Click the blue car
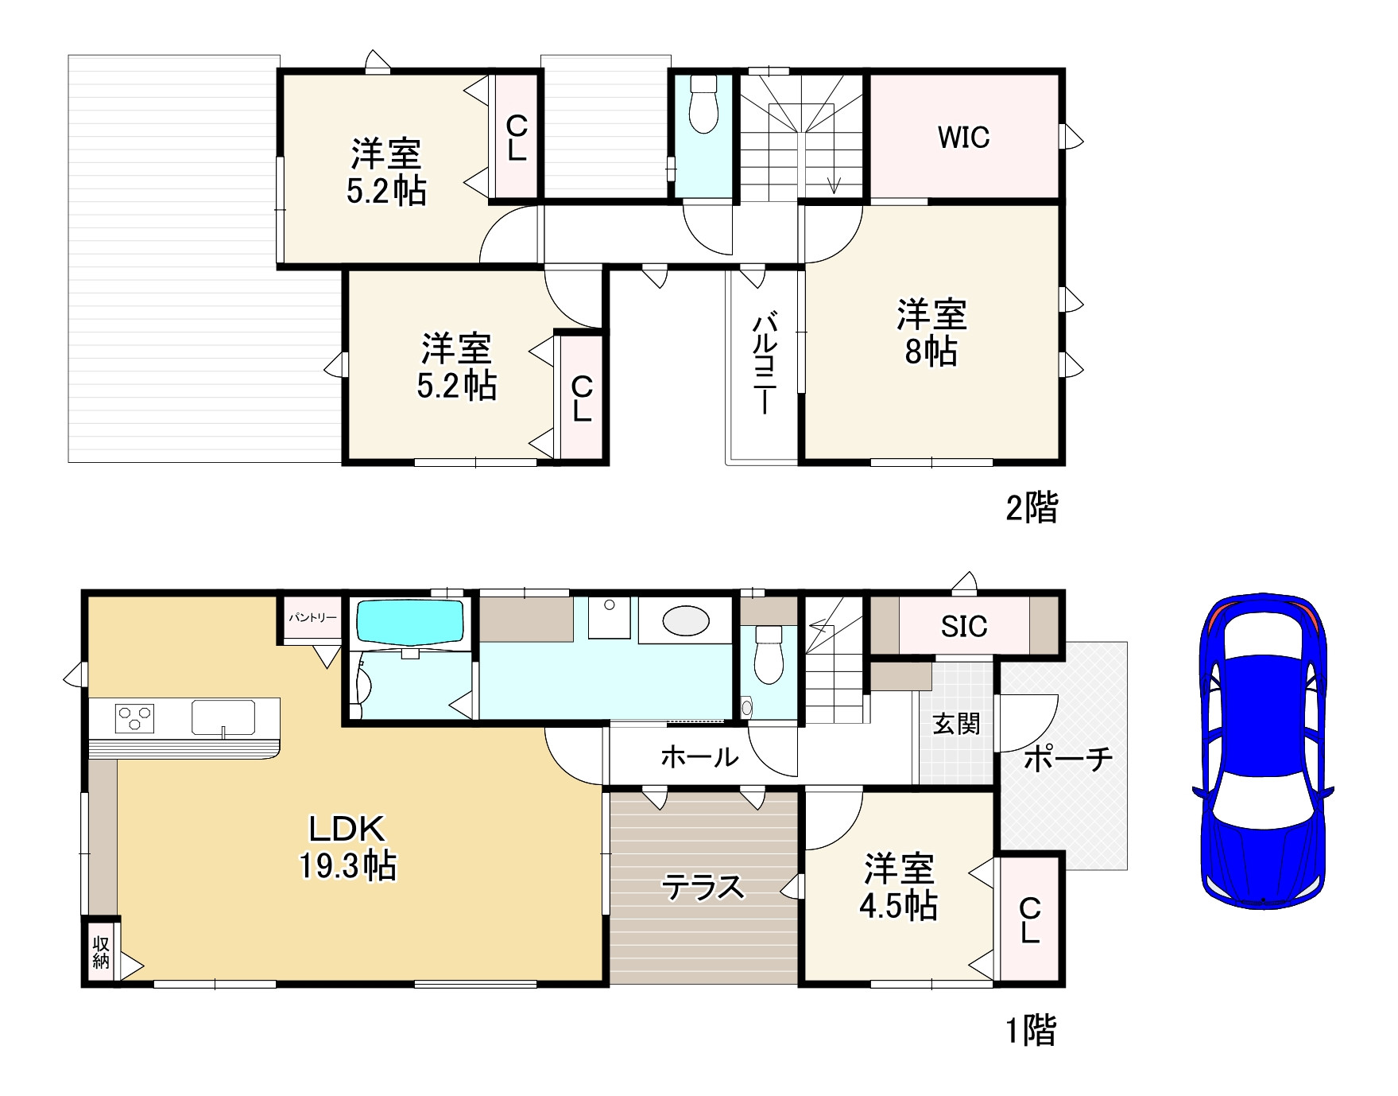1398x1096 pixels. pos(1263,749)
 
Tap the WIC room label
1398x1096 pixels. pos(963,138)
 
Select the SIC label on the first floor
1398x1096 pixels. pos(964,627)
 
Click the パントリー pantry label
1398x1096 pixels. pos(312,617)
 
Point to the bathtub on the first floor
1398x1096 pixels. pos(409,621)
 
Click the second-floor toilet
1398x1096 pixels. pos(703,103)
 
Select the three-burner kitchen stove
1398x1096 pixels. pos(134,718)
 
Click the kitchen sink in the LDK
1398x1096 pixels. pos(223,717)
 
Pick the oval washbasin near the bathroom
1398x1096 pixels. pos(686,620)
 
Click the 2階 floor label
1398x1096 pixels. pos(1032,507)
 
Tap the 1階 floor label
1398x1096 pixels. pos(1032,1031)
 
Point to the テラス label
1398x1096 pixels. pos(703,887)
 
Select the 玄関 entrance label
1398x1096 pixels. pos(956,724)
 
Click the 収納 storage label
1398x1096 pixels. pos(101,952)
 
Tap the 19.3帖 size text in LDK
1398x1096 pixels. pos(348,865)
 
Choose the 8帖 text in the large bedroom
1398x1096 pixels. pos(931,351)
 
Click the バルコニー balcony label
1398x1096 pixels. pos(764,363)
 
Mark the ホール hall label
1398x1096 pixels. pos(700,756)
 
